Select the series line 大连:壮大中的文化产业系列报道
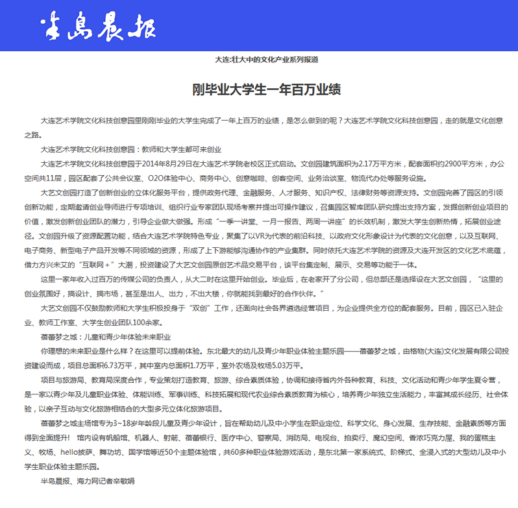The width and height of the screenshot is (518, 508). pos(266,59)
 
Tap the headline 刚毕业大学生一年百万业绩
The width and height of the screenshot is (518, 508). pos(267,90)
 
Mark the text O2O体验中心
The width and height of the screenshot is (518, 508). pos(169,178)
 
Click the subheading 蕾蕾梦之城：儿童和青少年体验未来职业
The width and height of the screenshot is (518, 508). pos(105,337)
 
